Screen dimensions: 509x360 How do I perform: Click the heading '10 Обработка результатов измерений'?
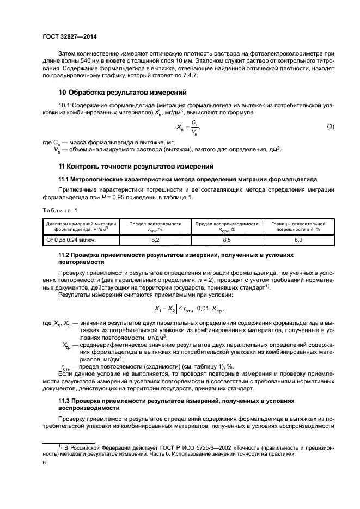click(123, 92)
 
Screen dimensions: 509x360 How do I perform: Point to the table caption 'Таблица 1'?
click(60, 210)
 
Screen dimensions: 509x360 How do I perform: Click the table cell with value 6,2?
click(155, 239)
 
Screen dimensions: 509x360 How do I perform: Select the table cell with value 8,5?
click(227, 239)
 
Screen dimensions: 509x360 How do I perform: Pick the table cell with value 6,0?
click(298, 239)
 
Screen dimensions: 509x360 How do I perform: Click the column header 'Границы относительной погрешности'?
click(298, 226)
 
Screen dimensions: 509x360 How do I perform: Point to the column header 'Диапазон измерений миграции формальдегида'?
click(81, 226)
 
